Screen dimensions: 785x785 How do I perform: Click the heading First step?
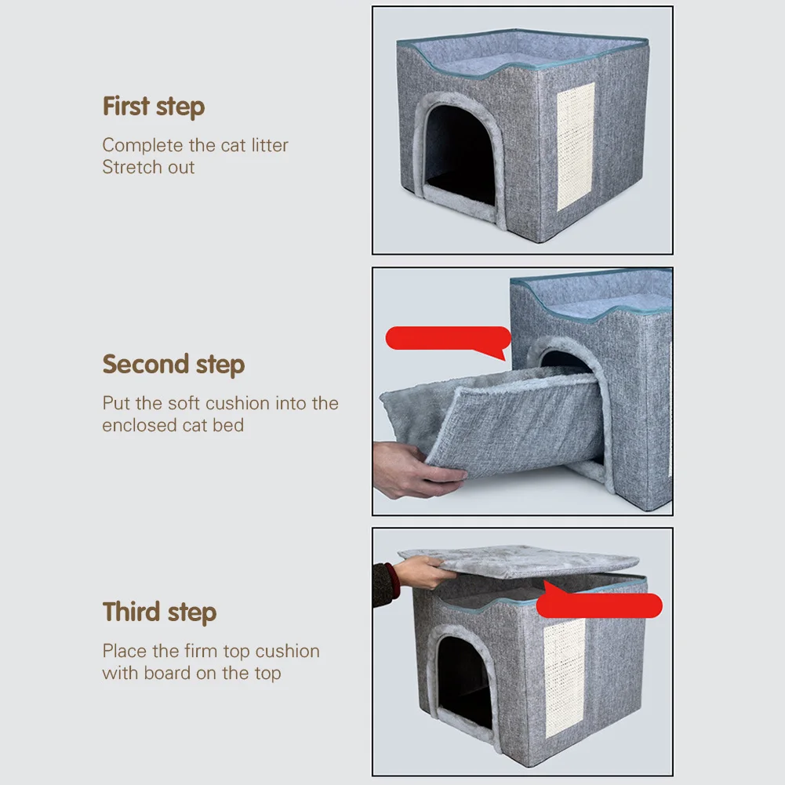[153, 107]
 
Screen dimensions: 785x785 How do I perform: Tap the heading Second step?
[173, 365]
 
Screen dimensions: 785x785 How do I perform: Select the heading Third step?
[159, 612]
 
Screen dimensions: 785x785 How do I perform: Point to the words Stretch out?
[148, 167]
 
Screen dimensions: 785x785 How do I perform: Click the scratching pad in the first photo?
[576, 147]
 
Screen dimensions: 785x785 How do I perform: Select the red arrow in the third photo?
[600, 605]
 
